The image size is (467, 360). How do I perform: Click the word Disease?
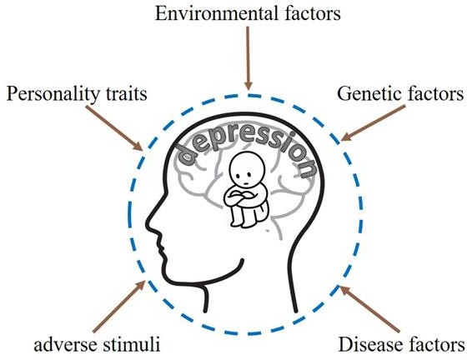click(x=369, y=344)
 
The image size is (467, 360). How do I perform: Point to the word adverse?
click(x=66, y=345)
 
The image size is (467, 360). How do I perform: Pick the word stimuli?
click(x=132, y=344)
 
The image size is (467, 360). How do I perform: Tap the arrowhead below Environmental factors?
click(x=249, y=85)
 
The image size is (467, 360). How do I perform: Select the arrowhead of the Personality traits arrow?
click(x=138, y=146)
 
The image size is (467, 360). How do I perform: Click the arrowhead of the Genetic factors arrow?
click(x=345, y=137)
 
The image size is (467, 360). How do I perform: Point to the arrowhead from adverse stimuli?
click(x=140, y=285)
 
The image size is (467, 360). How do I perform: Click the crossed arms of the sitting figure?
click(x=241, y=197)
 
